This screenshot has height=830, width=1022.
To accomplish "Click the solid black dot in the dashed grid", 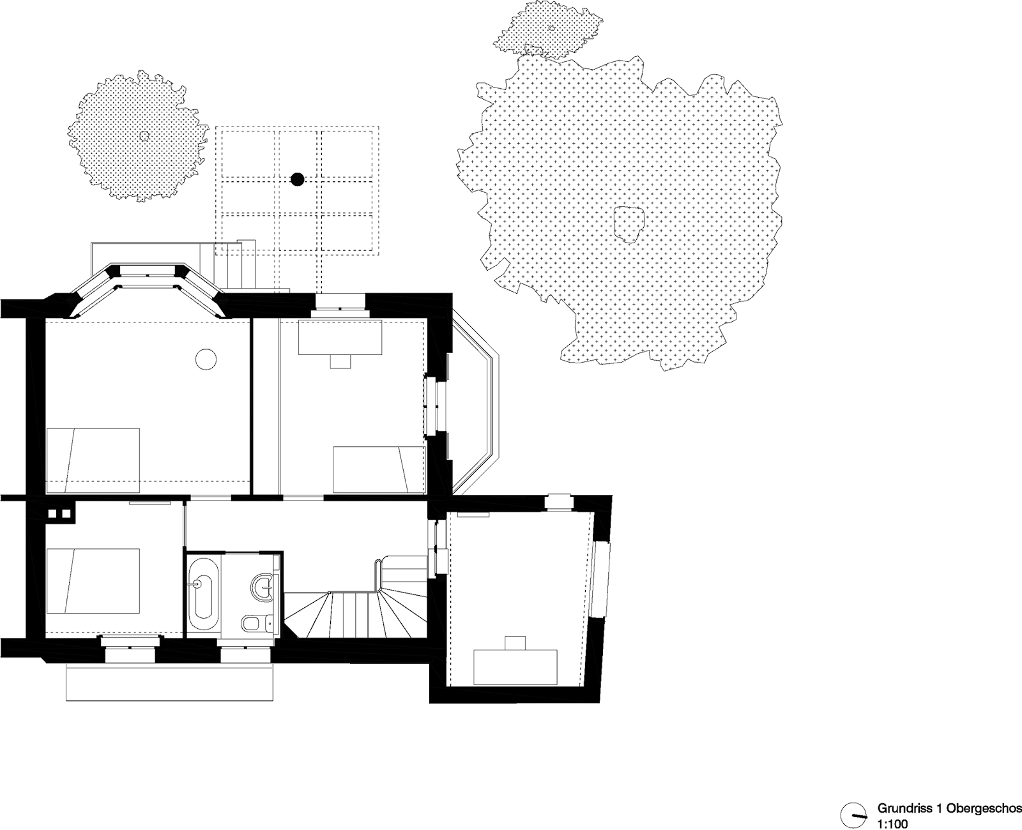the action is (298, 179).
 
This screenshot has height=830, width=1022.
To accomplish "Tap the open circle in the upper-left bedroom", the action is (206, 359).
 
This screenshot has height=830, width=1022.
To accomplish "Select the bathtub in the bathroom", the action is (203, 593).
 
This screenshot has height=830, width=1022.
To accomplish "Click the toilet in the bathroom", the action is (254, 623).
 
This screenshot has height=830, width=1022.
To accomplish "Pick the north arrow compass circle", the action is (853, 815).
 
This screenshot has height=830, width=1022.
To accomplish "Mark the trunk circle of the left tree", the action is (144, 136).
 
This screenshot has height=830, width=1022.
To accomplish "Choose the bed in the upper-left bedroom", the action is (93, 460).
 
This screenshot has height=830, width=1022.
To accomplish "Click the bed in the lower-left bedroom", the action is (93, 580).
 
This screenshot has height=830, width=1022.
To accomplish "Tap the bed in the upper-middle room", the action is (379, 469).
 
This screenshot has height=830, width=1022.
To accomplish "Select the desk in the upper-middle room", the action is (340, 338).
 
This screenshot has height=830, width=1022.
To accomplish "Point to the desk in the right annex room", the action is (515, 667).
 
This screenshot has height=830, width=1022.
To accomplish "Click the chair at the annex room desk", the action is (515, 643).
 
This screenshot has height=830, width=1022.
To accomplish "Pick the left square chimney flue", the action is (52, 513).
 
